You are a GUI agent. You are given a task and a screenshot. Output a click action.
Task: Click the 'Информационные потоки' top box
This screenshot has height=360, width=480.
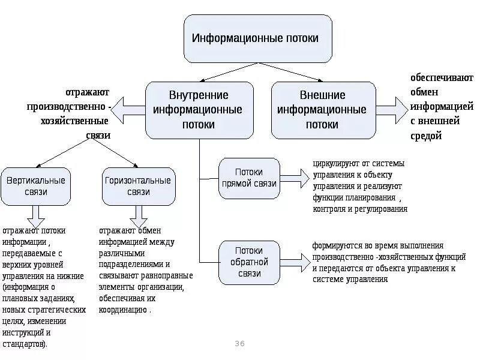257,39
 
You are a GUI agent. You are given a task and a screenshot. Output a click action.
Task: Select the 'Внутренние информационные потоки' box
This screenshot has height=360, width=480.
199,110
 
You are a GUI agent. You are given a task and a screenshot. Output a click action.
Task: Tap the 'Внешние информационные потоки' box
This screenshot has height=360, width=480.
323,110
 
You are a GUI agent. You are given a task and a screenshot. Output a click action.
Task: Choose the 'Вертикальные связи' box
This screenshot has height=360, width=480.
36,186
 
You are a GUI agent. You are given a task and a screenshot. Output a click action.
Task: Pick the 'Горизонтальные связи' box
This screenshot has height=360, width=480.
138,186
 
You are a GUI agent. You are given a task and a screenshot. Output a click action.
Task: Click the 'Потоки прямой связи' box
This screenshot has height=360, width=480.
248,178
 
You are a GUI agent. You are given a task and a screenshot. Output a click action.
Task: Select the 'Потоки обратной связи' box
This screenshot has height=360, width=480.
248,262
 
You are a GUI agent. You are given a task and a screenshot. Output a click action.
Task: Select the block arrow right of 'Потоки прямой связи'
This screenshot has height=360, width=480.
294,178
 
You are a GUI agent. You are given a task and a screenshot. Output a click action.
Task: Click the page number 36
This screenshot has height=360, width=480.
240,343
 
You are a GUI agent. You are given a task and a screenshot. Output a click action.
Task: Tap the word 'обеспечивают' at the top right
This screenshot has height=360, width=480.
442,79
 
